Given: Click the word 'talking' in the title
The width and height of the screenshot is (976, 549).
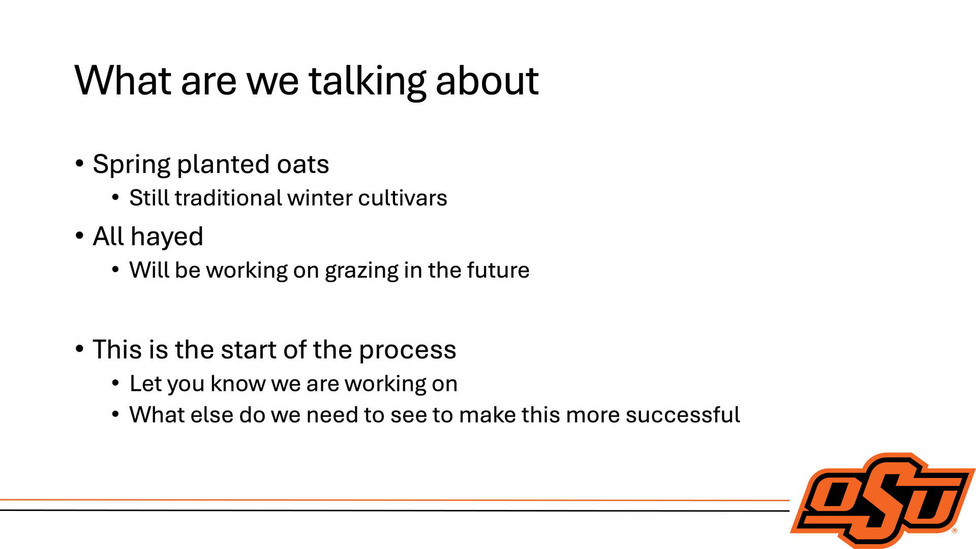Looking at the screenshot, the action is [368, 81].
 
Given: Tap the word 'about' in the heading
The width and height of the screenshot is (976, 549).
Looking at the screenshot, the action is [487, 81].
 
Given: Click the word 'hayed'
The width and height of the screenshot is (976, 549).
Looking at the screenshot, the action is [167, 237].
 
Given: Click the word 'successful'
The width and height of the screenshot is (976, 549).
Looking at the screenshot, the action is [683, 415].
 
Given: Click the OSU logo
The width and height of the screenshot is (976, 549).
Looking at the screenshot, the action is [883, 500].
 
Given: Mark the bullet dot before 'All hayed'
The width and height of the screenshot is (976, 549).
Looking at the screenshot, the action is [79, 236].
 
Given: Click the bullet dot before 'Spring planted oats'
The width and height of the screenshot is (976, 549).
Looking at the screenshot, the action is [79, 164].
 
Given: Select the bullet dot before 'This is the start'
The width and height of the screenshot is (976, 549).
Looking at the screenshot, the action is [79, 349].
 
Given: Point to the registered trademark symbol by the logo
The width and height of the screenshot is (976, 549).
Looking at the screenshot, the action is [955, 531].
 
